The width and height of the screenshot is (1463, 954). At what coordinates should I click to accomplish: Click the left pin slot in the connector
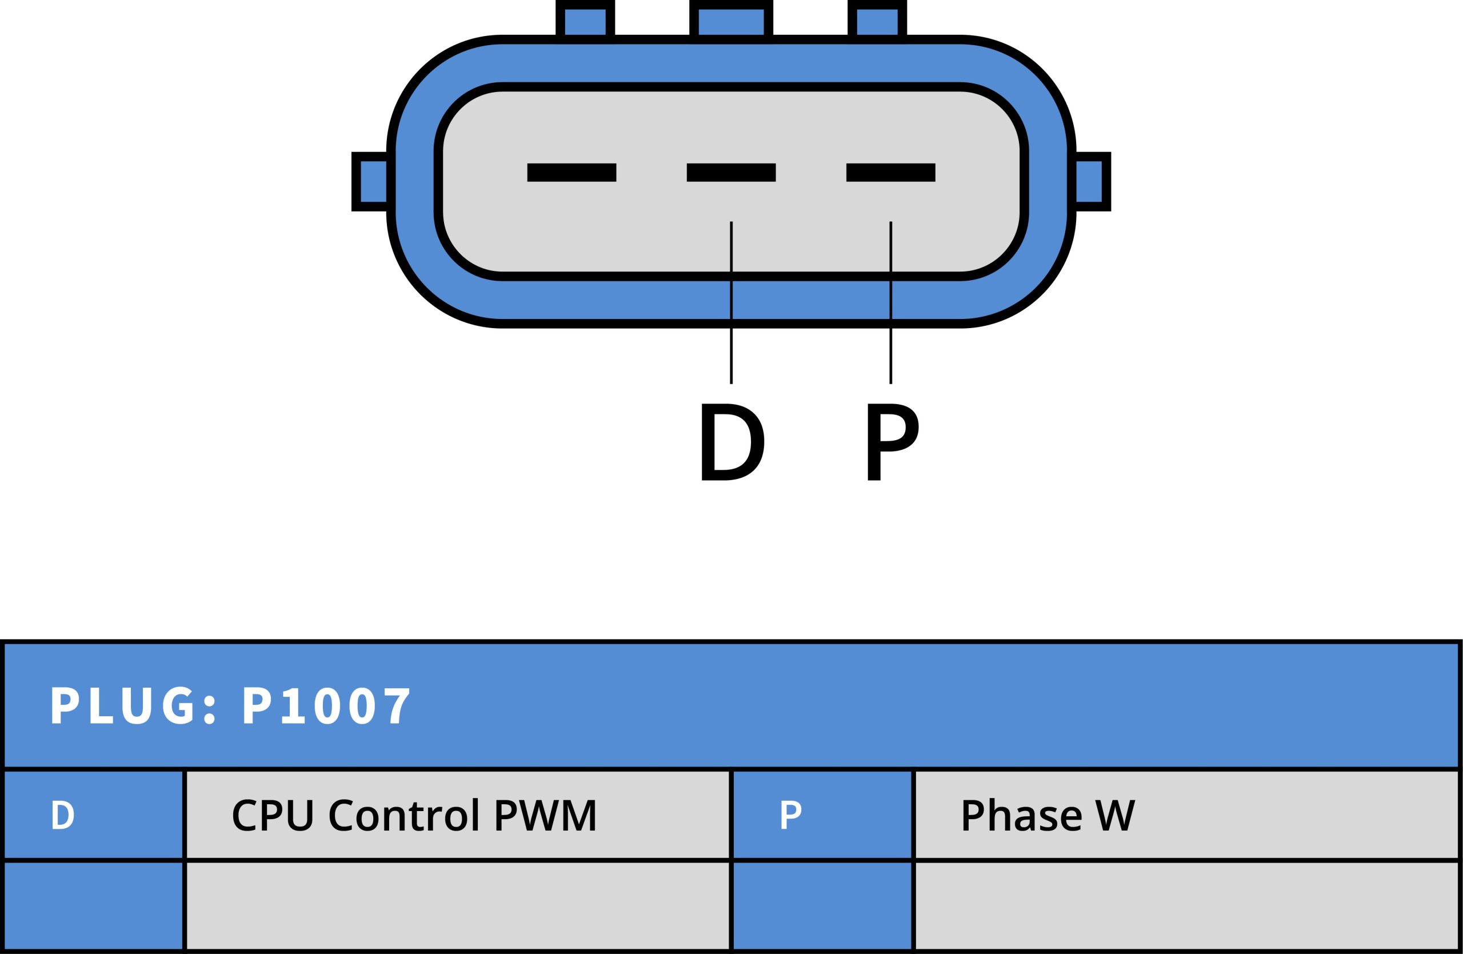tap(571, 173)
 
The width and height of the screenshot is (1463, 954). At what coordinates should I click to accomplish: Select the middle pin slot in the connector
tap(731, 173)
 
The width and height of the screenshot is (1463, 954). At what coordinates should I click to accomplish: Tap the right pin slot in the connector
tap(890, 173)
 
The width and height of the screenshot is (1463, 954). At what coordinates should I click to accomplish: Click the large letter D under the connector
tap(732, 442)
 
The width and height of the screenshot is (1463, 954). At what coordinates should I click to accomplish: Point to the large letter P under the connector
tap(892, 442)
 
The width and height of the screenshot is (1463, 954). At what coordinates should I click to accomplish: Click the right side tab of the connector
tap(1090, 181)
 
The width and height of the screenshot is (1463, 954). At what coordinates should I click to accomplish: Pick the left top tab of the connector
tap(585, 22)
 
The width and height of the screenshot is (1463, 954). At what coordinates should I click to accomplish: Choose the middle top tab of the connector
tap(731, 22)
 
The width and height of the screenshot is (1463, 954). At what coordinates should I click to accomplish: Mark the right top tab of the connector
tap(877, 22)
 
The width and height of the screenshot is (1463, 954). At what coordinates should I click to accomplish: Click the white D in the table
tap(63, 815)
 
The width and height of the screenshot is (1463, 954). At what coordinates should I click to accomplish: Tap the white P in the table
tap(790, 815)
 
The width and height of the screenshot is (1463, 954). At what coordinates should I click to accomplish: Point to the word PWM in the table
tap(545, 816)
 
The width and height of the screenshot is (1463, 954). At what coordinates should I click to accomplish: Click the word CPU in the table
tap(273, 816)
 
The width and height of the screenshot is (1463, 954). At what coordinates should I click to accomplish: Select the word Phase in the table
tap(1021, 816)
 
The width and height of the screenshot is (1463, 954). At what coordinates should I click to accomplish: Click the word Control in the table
tap(404, 816)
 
